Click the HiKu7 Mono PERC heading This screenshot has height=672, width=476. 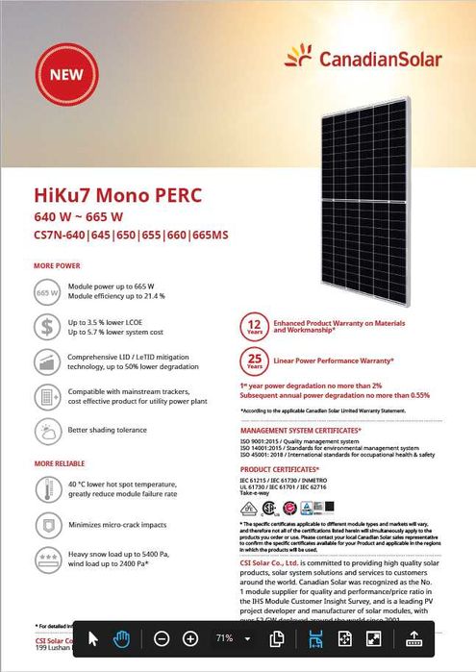pos(117,196)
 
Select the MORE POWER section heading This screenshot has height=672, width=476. pos(57,264)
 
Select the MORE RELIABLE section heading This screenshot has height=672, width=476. pos(61,463)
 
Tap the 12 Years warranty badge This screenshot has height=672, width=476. pos(255,329)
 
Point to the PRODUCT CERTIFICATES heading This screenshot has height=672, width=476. pos(281,469)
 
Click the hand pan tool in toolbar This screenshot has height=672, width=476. pos(122,638)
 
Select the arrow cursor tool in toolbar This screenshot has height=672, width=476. pos(94,638)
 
